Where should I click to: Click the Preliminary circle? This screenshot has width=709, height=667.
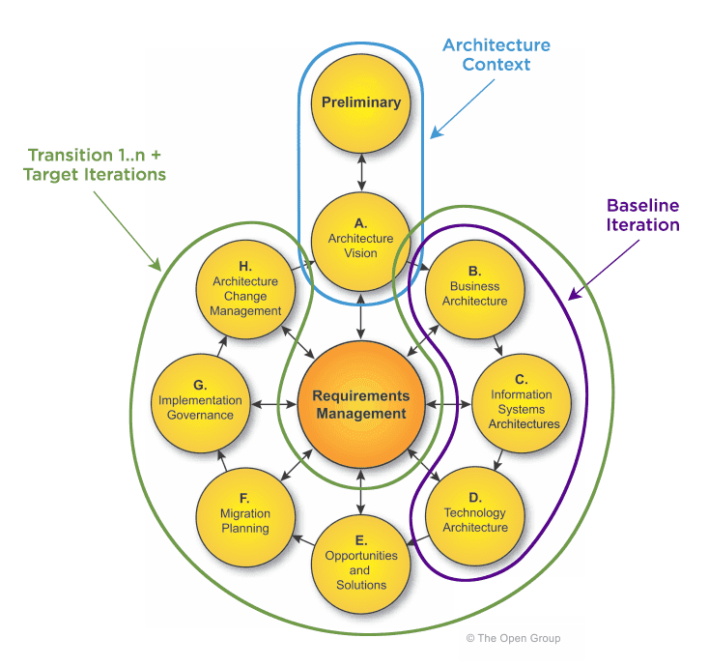[x=360, y=101]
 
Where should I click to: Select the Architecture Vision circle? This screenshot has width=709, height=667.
[x=360, y=240]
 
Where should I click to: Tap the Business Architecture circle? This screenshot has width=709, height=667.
[x=474, y=286]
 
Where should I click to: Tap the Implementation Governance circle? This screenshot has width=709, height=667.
[x=201, y=401]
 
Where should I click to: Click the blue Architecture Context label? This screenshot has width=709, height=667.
[x=496, y=55]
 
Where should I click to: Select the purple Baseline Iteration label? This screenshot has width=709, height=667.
[x=642, y=215]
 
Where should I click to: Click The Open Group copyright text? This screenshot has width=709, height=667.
[x=512, y=638]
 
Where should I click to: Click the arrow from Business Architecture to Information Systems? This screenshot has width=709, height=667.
[x=498, y=344]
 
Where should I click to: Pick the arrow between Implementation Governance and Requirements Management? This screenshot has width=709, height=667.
[x=273, y=402]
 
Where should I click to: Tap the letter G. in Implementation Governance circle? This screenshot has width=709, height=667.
[x=200, y=385]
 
